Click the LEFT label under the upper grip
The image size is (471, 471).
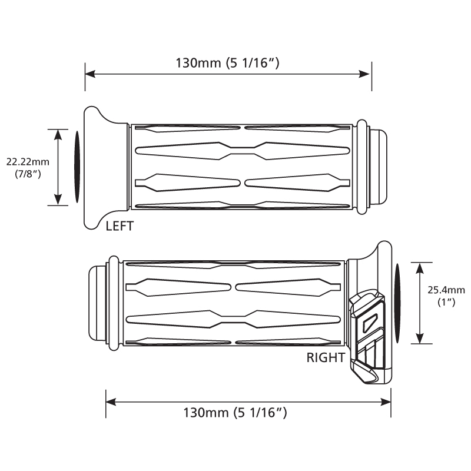tap(120, 226)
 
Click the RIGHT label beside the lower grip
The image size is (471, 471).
tap(326, 358)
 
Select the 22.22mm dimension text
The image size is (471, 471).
tap(28, 162)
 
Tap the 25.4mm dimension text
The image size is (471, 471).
tap(446, 290)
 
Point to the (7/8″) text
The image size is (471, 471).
tap(28, 174)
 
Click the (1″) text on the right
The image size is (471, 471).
tap(446, 302)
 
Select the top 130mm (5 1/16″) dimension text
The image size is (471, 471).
tap(227, 63)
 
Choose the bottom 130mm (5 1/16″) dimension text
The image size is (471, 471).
tap(235, 413)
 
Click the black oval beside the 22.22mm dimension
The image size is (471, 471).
tap(77, 167)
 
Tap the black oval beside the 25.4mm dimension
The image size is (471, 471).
tap(398, 303)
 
